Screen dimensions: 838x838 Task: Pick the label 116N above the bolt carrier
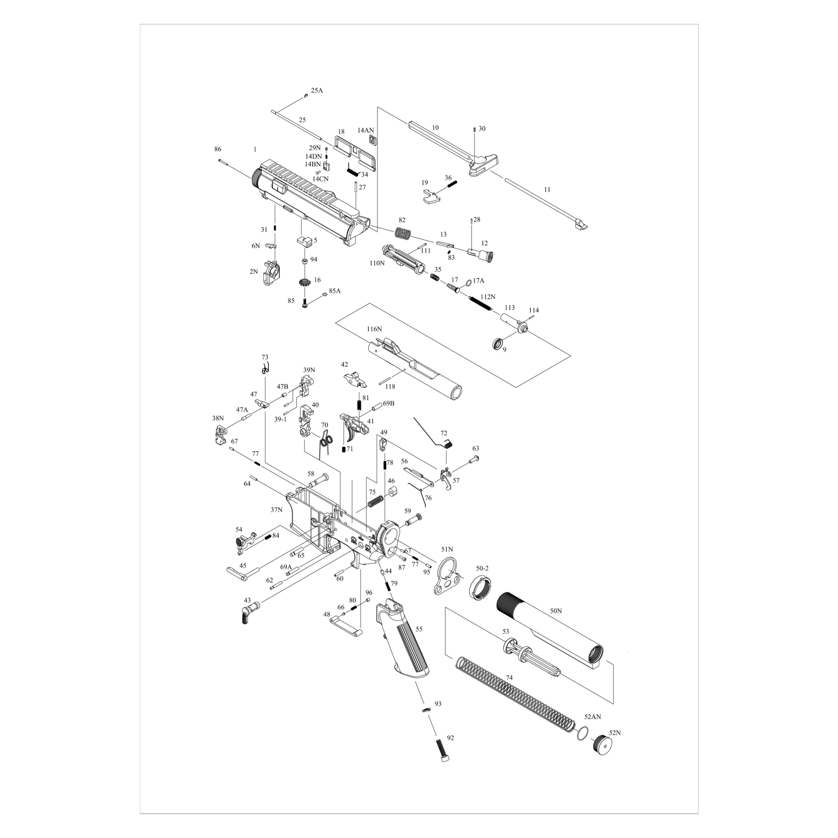coord(374,329)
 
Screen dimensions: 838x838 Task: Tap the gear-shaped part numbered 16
coord(305,282)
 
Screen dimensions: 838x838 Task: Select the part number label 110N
coord(377,263)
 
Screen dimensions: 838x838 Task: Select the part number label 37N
coord(277,510)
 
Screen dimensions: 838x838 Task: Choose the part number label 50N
coord(556,611)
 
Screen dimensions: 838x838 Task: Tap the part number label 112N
coord(488,297)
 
